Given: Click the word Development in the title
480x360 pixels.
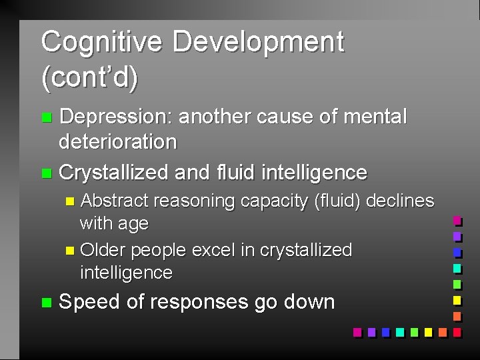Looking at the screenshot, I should [x=258, y=42].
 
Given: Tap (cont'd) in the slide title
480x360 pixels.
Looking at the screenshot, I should [x=89, y=78].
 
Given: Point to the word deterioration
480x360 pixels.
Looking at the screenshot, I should [x=118, y=141].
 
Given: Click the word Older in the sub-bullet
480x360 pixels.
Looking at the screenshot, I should [x=103, y=250].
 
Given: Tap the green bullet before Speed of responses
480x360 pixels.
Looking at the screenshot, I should [x=45, y=303].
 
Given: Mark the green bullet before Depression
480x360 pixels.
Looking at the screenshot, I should [x=45, y=118].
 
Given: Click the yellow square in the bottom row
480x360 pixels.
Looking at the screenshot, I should [x=427, y=332].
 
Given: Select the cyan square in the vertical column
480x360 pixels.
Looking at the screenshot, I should [x=457, y=268].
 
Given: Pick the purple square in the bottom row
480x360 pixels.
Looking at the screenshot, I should [x=371, y=332].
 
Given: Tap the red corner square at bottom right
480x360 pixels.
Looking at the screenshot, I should [x=457, y=332].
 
